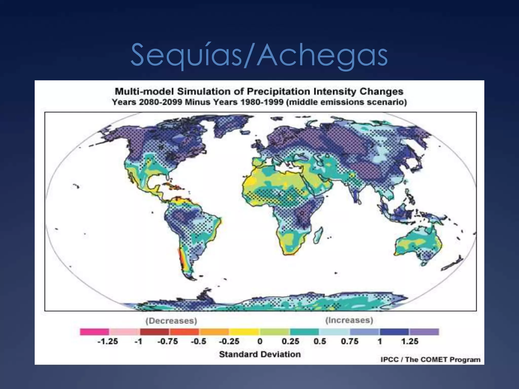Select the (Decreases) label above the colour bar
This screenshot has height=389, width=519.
pos(171,321)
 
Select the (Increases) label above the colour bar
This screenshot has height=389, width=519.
pos(349,320)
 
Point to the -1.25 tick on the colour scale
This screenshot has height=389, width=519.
pos(108,341)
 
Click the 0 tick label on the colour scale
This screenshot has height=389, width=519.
pos(260,341)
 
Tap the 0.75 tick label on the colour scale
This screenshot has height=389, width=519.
pos(349,341)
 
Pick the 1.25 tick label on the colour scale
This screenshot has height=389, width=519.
pos(410,341)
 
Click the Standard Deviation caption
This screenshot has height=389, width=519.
pos(260,354)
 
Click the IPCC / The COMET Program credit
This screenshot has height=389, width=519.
pos(430,360)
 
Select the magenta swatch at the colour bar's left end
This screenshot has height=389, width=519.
pos(94,332)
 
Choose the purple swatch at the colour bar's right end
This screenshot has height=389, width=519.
pos(424,332)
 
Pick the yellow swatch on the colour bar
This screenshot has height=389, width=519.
pos(244,332)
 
